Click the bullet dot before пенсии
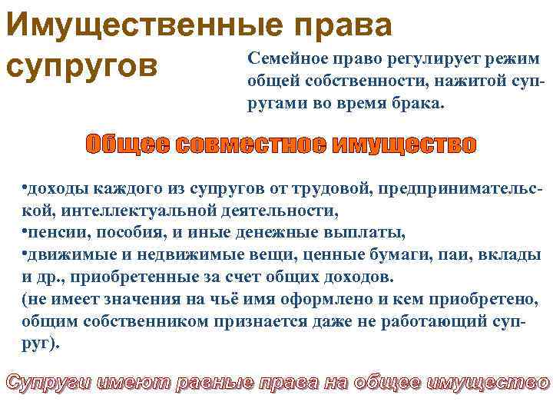[25, 231]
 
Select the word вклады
[508, 254]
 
